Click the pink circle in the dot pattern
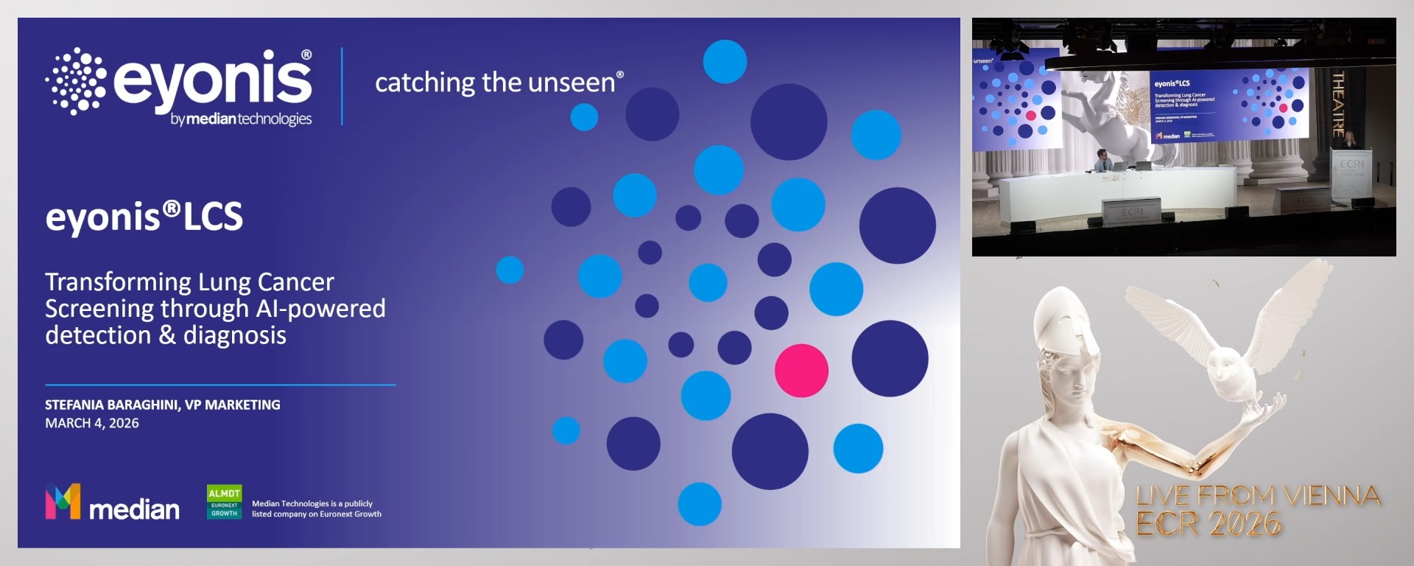click(801, 371)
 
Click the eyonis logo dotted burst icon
click(76, 81)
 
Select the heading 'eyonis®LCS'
click(144, 217)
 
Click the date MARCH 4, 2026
click(92, 423)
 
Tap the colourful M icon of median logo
click(63, 502)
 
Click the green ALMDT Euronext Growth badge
click(224, 502)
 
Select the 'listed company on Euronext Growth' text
click(317, 514)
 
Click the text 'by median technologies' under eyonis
click(241, 119)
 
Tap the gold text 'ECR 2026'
click(1208, 524)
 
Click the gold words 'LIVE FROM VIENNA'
click(1258, 496)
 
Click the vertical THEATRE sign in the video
click(1338, 103)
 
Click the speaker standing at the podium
click(1350, 140)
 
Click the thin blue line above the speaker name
click(220, 385)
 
